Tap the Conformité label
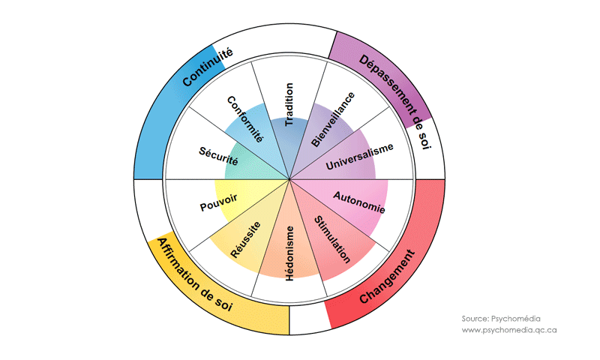coord(245,120)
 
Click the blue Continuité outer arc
coord(180,97)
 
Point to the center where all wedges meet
coord(289,180)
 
